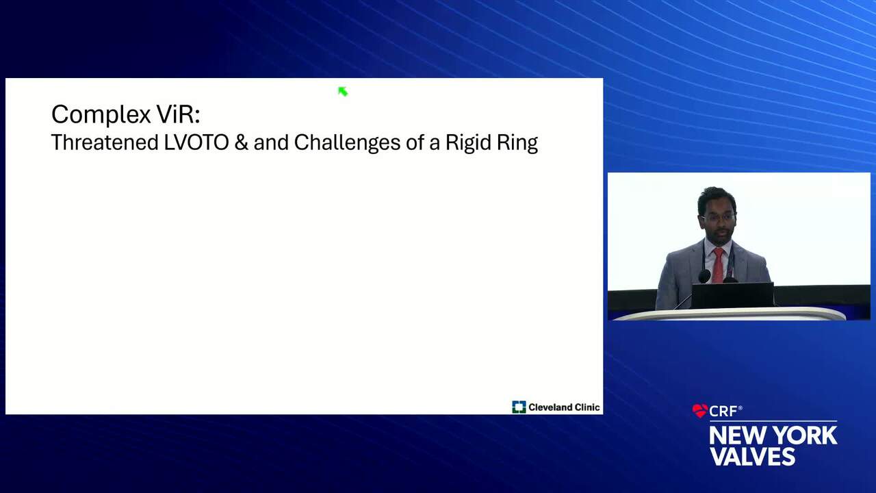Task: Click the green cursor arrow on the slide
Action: (343, 92)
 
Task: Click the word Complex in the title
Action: (101, 114)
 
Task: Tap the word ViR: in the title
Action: (179, 114)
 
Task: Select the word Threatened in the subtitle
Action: (105, 142)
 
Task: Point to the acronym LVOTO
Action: (196, 142)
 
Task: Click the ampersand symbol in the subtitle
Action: (242, 142)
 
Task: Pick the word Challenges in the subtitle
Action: (347, 143)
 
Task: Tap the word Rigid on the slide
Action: (468, 143)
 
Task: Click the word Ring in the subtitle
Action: (517, 143)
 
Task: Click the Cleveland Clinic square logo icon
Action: (519, 407)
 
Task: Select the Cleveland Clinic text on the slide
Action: (564, 407)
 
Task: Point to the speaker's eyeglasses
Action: (718, 218)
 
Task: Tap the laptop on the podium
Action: (732, 295)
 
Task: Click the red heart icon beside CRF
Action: (699, 410)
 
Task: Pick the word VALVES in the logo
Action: (752, 456)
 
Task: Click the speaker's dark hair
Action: (717, 198)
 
